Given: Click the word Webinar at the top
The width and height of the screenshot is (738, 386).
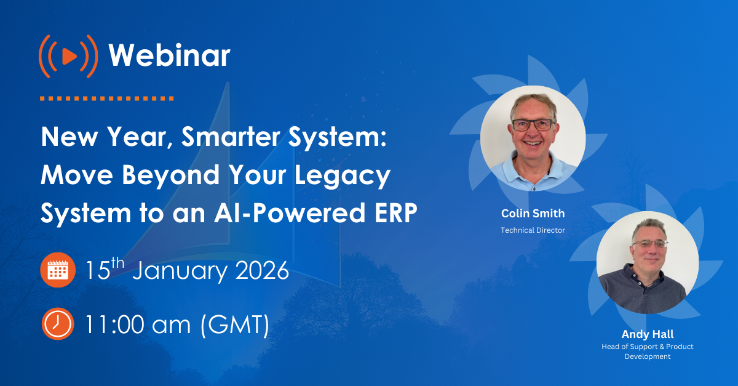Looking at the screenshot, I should pyautogui.click(x=169, y=57).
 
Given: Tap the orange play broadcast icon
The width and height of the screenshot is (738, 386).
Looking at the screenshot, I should pyautogui.click(x=68, y=57).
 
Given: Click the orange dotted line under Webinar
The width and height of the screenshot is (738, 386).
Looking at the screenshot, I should pyautogui.click(x=106, y=98).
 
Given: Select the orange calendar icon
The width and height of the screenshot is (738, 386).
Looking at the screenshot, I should pyautogui.click(x=58, y=271).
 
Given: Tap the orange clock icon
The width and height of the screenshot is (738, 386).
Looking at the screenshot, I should pyautogui.click(x=58, y=324).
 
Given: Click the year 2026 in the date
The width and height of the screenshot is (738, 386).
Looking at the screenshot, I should pyautogui.click(x=258, y=271).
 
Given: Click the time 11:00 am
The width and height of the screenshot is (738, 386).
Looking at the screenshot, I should pyautogui.click(x=138, y=324).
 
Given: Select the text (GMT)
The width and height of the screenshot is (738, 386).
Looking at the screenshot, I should pyautogui.click(x=235, y=324).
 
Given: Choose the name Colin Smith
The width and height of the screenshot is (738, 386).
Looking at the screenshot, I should pyautogui.click(x=533, y=214).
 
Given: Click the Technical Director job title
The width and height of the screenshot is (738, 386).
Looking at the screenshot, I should pyautogui.click(x=533, y=230).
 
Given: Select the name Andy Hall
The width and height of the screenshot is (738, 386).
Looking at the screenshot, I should pyautogui.click(x=648, y=334).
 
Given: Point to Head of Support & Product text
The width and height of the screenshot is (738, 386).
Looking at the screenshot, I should pyautogui.click(x=648, y=347).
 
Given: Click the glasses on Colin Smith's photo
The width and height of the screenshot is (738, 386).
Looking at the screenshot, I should pyautogui.click(x=533, y=124).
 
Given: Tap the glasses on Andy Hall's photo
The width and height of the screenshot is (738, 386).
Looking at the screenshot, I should pyautogui.click(x=648, y=244).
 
